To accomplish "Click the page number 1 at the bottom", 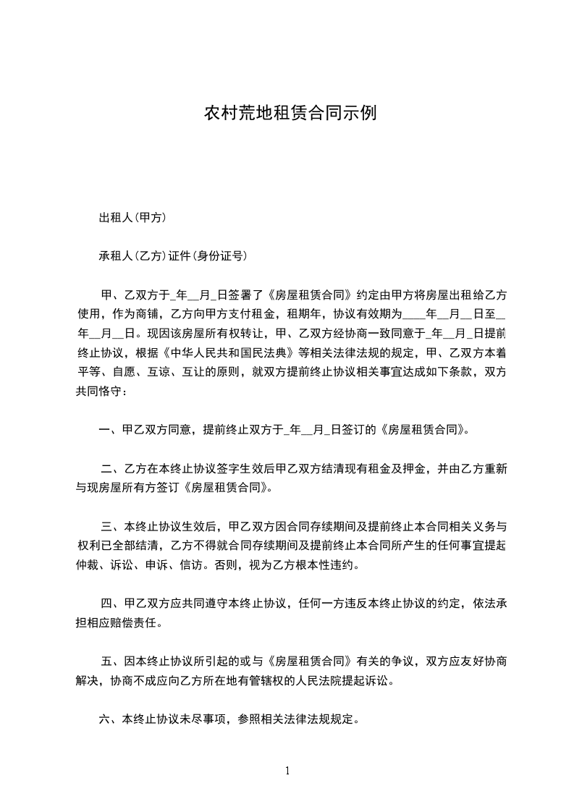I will tap(287, 771).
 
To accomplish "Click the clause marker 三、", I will tap(112, 525).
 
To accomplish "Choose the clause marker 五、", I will tap(112, 661).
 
